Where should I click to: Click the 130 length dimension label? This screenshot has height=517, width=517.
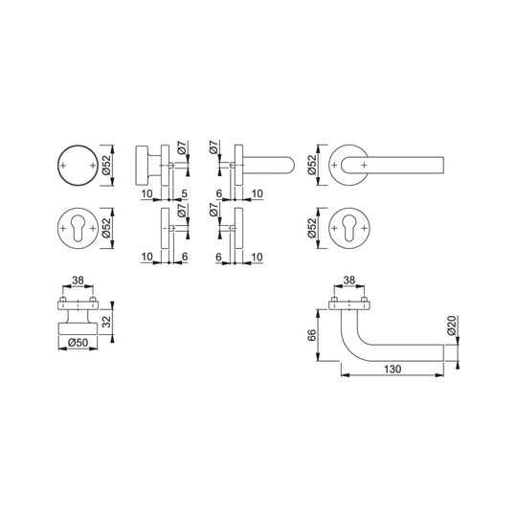click(393, 369)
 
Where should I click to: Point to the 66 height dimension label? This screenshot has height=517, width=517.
click(311, 335)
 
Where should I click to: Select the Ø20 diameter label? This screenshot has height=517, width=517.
click(452, 326)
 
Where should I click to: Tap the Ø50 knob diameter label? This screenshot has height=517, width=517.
click(79, 343)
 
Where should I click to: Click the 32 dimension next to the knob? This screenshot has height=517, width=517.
click(106, 321)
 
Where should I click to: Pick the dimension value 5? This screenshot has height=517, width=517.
click(185, 193)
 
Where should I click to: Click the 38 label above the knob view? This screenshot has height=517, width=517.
click(78, 281)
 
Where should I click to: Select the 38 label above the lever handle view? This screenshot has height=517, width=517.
click(349, 281)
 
